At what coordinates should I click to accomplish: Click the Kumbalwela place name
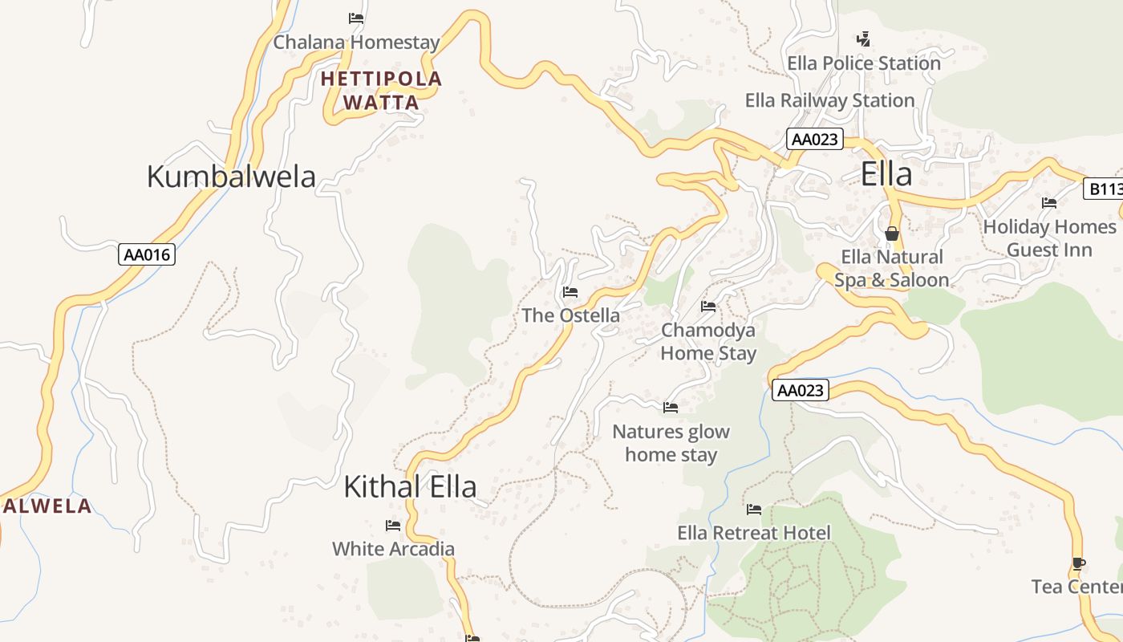231,177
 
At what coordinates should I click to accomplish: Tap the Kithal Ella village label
410,486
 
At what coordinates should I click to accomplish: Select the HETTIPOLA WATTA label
381,91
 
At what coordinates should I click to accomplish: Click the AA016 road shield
148,255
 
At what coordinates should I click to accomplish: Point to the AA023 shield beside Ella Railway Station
814,139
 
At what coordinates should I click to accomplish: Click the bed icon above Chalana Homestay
356,18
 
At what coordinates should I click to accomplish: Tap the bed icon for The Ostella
570,292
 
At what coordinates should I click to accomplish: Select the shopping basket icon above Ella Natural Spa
891,234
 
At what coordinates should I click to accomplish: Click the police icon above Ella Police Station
863,39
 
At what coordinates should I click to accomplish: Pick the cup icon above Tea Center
1079,563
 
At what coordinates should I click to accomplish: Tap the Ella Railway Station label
829,100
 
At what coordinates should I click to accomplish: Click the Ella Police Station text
863,63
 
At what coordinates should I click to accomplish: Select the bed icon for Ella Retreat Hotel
753,510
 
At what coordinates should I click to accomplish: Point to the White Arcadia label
393,549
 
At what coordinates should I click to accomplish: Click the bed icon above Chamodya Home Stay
708,307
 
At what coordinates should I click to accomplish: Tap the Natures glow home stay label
671,443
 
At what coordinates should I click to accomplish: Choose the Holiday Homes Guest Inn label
1048,238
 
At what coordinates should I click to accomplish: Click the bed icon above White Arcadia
393,526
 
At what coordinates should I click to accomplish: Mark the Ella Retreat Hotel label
753,533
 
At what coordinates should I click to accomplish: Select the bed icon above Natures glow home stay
671,408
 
